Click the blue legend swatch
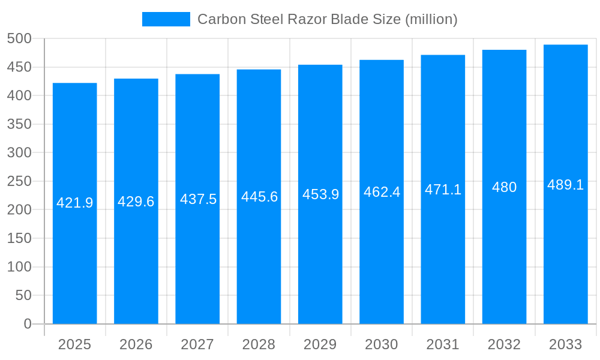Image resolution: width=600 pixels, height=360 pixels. pos(166,19)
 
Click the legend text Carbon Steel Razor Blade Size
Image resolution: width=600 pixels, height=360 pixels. pos(327,19)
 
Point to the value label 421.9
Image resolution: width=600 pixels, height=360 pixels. pos(75,203)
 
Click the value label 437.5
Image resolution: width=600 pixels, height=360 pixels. pos(197,199)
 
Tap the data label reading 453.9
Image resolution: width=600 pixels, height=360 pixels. pos(320,194)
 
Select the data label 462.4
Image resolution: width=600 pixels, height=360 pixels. pos(382,192)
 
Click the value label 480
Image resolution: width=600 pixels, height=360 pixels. pos(504,187)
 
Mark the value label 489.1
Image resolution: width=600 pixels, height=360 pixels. pos(566,185)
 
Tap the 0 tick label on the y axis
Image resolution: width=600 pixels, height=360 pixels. pos(28,324)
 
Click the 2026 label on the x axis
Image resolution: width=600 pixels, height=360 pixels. pos(136,344)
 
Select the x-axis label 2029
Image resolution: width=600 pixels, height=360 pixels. pos(320,344)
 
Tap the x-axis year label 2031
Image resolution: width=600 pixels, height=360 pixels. pos(443,344)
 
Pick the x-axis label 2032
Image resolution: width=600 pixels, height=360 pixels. pos(504,344)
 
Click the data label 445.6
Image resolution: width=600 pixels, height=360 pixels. pos(259,197)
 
